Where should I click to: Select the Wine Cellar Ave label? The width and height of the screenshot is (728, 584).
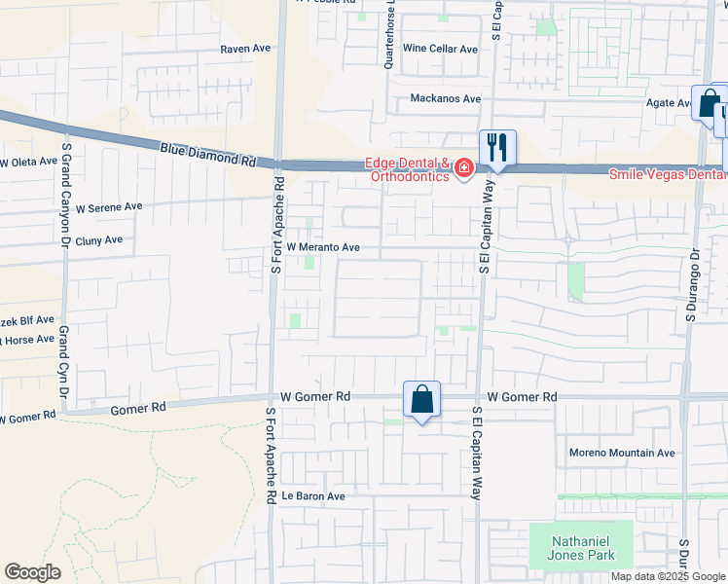point(440,49)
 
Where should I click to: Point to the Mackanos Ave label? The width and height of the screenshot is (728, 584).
point(446,98)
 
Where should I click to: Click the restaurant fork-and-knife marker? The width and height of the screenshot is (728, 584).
point(497,148)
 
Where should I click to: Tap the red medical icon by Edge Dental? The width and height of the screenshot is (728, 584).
point(464,170)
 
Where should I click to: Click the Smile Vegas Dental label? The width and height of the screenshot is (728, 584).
point(668,175)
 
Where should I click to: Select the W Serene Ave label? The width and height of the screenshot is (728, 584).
point(109,207)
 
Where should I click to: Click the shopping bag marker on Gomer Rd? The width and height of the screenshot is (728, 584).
point(421,400)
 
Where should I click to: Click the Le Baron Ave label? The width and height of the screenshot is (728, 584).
point(313,495)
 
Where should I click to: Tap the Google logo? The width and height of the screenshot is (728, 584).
point(32,572)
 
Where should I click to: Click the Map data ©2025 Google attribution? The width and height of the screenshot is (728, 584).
point(668,576)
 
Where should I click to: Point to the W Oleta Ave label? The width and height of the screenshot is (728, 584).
point(28,162)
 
